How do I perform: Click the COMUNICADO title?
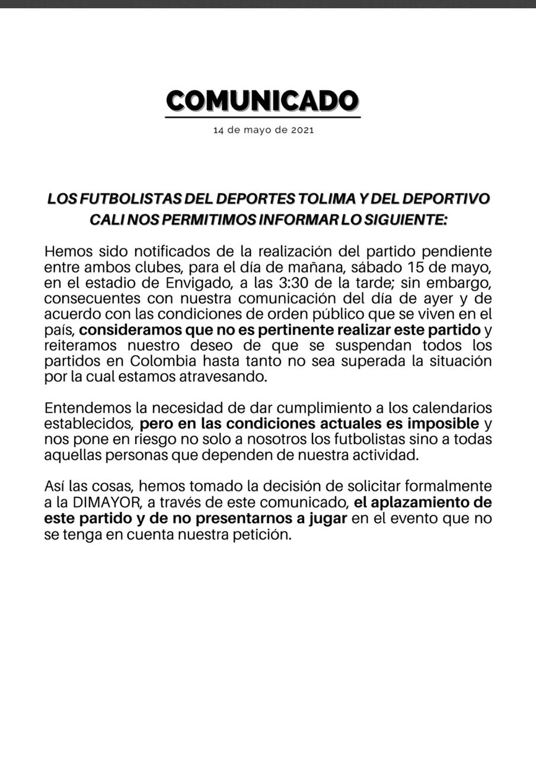[x=263, y=101]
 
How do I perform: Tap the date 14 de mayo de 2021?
[x=263, y=130]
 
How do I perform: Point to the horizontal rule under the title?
[x=263, y=117]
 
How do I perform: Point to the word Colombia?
[x=165, y=361]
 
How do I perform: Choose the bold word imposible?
[x=444, y=424]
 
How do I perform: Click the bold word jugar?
[x=325, y=518]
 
